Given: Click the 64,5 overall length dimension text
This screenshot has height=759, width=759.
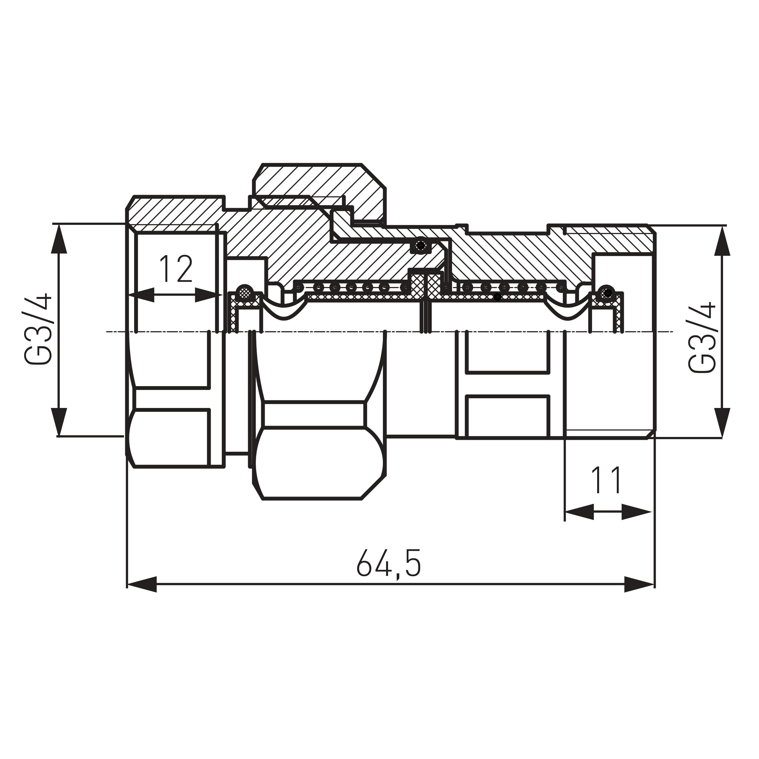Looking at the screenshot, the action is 389,564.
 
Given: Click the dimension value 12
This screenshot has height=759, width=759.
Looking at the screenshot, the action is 176,269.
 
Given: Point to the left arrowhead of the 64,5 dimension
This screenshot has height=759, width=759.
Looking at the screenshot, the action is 142,585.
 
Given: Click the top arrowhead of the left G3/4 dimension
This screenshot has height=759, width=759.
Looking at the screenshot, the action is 59,238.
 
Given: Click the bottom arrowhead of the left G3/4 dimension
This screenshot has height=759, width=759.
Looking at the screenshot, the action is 59,421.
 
